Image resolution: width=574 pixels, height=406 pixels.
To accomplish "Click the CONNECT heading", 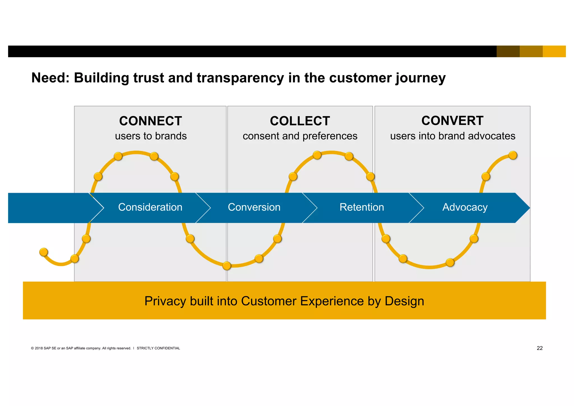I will [x=151, y=121].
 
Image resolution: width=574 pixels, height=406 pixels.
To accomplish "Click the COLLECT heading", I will [x=300, y=121].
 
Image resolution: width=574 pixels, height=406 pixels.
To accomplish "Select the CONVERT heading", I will [x=452, y=121].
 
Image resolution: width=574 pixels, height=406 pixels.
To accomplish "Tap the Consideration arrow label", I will [x=150, y=207].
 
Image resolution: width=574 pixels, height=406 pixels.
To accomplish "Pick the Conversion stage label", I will [x=254, y=207].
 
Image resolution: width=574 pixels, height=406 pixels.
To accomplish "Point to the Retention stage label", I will [x=362, y=207].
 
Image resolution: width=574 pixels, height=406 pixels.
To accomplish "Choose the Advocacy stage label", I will [x=465, y=207].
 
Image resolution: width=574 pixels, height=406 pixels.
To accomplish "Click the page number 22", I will [x=540, y=348].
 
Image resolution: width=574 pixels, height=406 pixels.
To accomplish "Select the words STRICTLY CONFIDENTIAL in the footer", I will [x=158, y=348].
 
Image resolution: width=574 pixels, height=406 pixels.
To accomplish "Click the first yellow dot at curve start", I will [x=44, y=252].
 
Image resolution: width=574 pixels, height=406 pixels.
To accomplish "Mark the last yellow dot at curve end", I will [x=513, y=155].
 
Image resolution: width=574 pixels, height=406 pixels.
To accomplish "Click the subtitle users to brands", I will [x=151, y=136].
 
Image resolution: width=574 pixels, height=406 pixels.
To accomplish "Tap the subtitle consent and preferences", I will [x=300, y=136].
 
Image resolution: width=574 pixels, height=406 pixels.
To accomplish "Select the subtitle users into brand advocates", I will [x=453, y=136].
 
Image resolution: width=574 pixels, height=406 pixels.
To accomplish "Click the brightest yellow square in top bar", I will [x=554, y=51].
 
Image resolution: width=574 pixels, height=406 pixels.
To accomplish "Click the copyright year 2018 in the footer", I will [x=39, y=348].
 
